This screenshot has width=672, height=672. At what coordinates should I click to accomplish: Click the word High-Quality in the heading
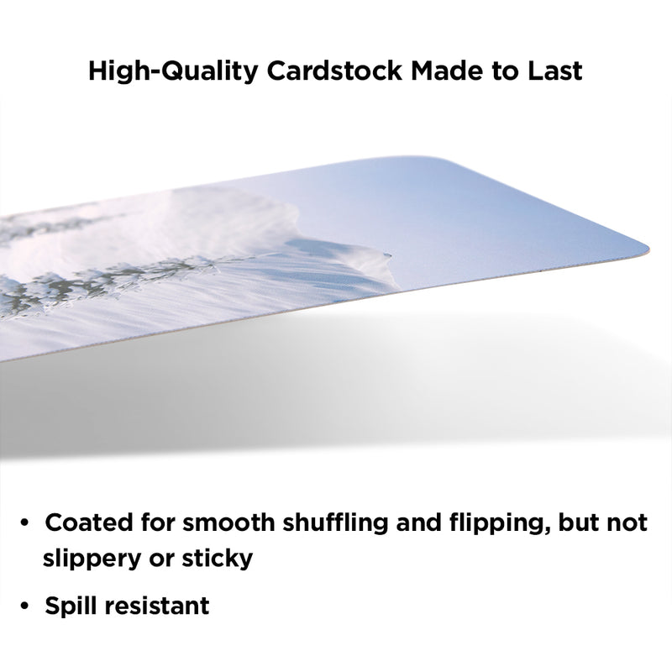coord(173,71)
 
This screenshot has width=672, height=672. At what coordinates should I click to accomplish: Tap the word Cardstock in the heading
coord(334,71)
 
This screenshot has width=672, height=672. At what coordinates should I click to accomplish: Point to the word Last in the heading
coord(554,71)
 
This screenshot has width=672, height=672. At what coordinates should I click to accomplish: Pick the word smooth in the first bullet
coord(228,522)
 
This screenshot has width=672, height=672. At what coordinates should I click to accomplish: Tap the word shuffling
coord(335,523)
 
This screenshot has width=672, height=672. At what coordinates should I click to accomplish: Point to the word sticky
coord(218,559)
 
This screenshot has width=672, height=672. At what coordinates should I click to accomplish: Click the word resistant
coord(157,606)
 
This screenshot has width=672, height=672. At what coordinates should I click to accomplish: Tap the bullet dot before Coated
coord(24,523)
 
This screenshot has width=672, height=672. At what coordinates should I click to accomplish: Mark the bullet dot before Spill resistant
coord(24,606)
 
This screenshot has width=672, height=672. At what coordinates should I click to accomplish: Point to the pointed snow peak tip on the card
coord(390,255)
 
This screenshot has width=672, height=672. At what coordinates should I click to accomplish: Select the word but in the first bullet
coord(576,522)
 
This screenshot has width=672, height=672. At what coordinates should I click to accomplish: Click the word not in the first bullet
coord(625,523)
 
